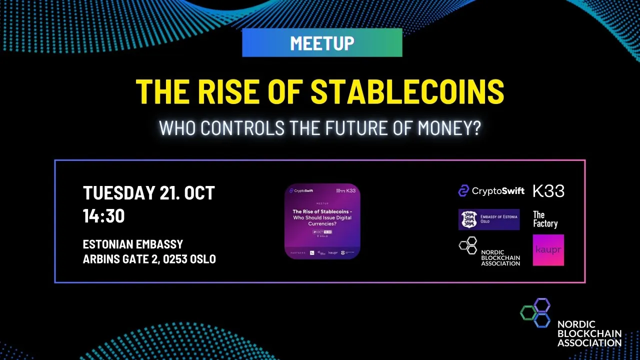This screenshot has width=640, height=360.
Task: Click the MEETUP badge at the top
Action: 322,43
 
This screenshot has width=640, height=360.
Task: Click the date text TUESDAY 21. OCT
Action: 148,192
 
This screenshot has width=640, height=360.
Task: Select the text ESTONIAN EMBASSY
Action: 133,245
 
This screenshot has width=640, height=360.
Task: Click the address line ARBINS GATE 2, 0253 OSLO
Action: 149,259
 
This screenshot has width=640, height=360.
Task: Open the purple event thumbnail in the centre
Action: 322,221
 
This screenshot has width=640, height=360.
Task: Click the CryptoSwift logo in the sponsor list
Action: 491,190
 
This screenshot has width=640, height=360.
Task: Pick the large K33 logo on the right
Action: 548,190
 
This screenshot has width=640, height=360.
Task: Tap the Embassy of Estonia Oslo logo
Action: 488,219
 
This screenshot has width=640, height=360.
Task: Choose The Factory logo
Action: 545,219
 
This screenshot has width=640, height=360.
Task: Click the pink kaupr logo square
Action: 548,250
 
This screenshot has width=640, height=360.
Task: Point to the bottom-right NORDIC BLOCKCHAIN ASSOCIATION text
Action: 589,333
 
